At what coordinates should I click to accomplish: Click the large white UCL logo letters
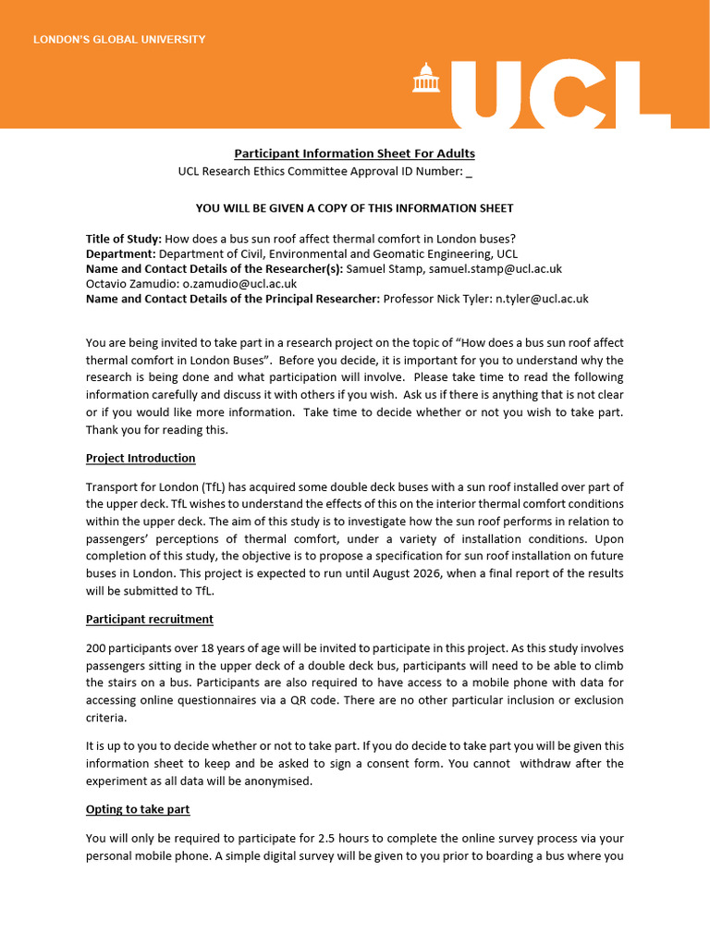pyautogui.click(x=546, y=92)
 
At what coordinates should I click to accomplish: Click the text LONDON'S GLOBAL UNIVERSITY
pyautogui.click(x=119, y=40)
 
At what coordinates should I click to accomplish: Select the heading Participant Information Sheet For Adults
pyautogui.click(x=354, y=154)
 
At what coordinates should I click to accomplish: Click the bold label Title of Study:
pyautogui.click(x=123, y=240)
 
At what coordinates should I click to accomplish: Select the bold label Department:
pyautogui.click(x=121, y=254)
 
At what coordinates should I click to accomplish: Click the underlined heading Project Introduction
pyautogui.click(x=141, y=458)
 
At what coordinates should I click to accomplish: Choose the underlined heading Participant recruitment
pyautogui.click(x=150, y=619)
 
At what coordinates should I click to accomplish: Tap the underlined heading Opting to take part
pyautogui.click(x=138, y=809)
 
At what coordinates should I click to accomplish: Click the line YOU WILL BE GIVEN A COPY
pyautogui.click(x=354, y=208)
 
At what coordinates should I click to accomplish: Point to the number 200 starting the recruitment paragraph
pyautogui.click(x=96, y=648)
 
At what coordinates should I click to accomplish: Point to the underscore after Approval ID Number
pyautogui.click(x=470, y=171)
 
